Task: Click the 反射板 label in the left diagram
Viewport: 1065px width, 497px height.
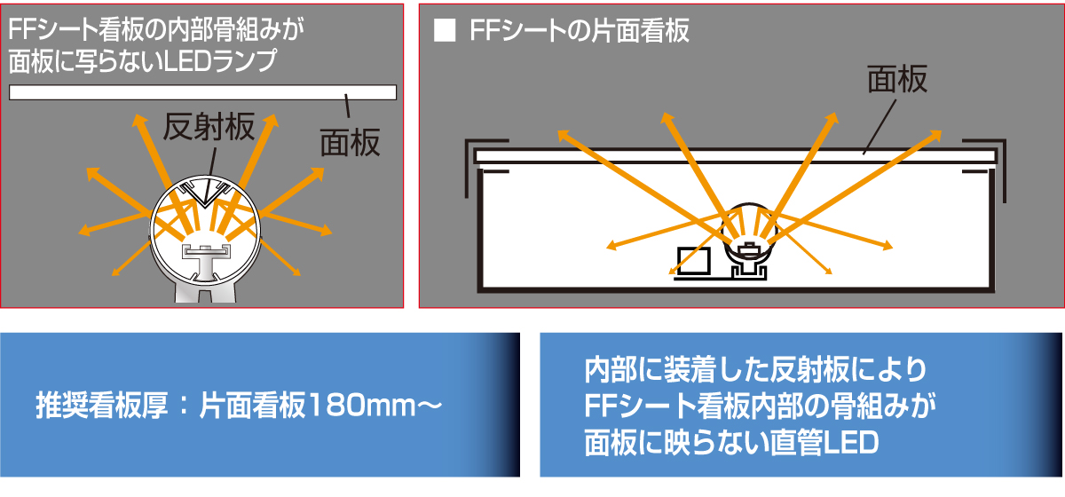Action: pyautogui.click(x=209, y=127)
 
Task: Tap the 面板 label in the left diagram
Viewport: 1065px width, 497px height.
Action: pyautogui.click(x=350, y=142)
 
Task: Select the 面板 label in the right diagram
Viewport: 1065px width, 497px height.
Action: pyautogui.click(x=897, y=79)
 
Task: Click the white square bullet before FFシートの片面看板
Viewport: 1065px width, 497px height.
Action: pyautogui.click(x=445, y=30)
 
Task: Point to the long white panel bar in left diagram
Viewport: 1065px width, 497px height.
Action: pyautogui.click(x=202, y=92)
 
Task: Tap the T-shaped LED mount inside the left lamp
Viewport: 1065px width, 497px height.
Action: pyautogui.click(x=205, y=262)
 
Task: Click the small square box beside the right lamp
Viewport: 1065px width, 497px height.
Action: pyautogui.click(x=694, y=261)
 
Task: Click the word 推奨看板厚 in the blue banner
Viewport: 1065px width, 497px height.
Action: pyautogui.click(x=102, y=406)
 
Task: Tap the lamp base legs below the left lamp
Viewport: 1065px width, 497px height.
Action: pyautogui.click(x=205, y=291)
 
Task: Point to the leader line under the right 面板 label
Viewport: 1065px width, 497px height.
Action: pyautogui.click(x=880, y=127)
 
